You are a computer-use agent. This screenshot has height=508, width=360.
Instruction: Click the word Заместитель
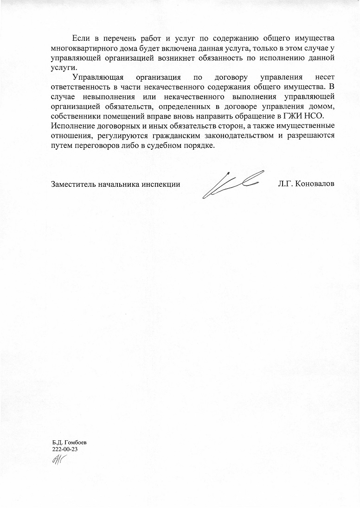click(x=73, y=184)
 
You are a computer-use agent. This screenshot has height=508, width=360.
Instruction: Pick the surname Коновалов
click(x=316, y=184)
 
